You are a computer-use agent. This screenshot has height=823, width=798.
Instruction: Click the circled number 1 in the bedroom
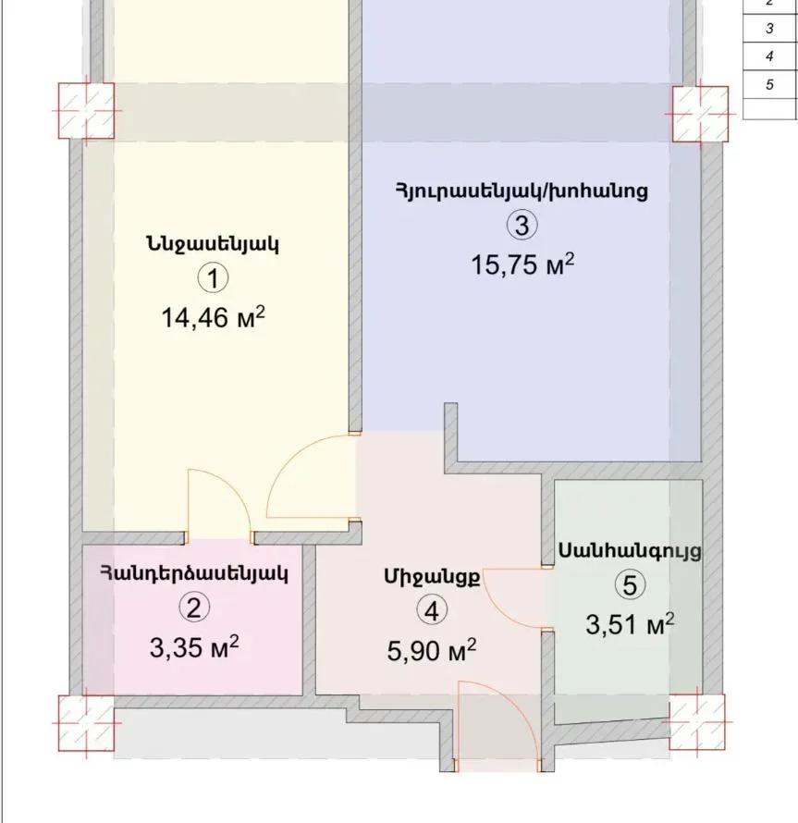214,278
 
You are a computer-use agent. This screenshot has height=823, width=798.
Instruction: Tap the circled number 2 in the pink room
194,608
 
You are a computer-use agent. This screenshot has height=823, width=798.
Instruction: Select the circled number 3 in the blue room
522,226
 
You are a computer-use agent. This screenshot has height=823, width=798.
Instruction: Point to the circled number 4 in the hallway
432,610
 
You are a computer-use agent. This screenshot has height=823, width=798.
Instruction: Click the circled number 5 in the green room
630,584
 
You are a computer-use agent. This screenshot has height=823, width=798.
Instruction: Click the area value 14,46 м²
214,317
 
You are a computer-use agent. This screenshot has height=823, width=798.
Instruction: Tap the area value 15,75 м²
522,264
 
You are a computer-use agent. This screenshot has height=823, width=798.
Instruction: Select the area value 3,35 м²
194,647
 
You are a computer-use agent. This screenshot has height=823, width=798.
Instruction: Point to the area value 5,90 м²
432,651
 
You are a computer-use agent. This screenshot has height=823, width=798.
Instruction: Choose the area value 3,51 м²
630,624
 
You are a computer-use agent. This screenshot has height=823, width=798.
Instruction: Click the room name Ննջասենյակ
213,245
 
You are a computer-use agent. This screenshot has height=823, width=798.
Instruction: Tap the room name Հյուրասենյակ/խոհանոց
522,191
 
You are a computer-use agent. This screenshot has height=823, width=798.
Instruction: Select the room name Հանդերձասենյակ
194,573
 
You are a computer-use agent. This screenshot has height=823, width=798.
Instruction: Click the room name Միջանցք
432,576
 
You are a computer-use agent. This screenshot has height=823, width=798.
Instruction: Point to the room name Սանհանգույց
630,551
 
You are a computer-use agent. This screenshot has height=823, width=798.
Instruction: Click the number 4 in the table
769,56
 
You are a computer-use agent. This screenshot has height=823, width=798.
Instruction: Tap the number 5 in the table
769,84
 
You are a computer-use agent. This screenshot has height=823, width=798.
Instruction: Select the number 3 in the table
769,28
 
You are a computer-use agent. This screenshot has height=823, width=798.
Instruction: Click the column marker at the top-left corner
86,111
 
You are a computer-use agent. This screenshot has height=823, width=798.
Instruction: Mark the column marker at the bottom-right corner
697,722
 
